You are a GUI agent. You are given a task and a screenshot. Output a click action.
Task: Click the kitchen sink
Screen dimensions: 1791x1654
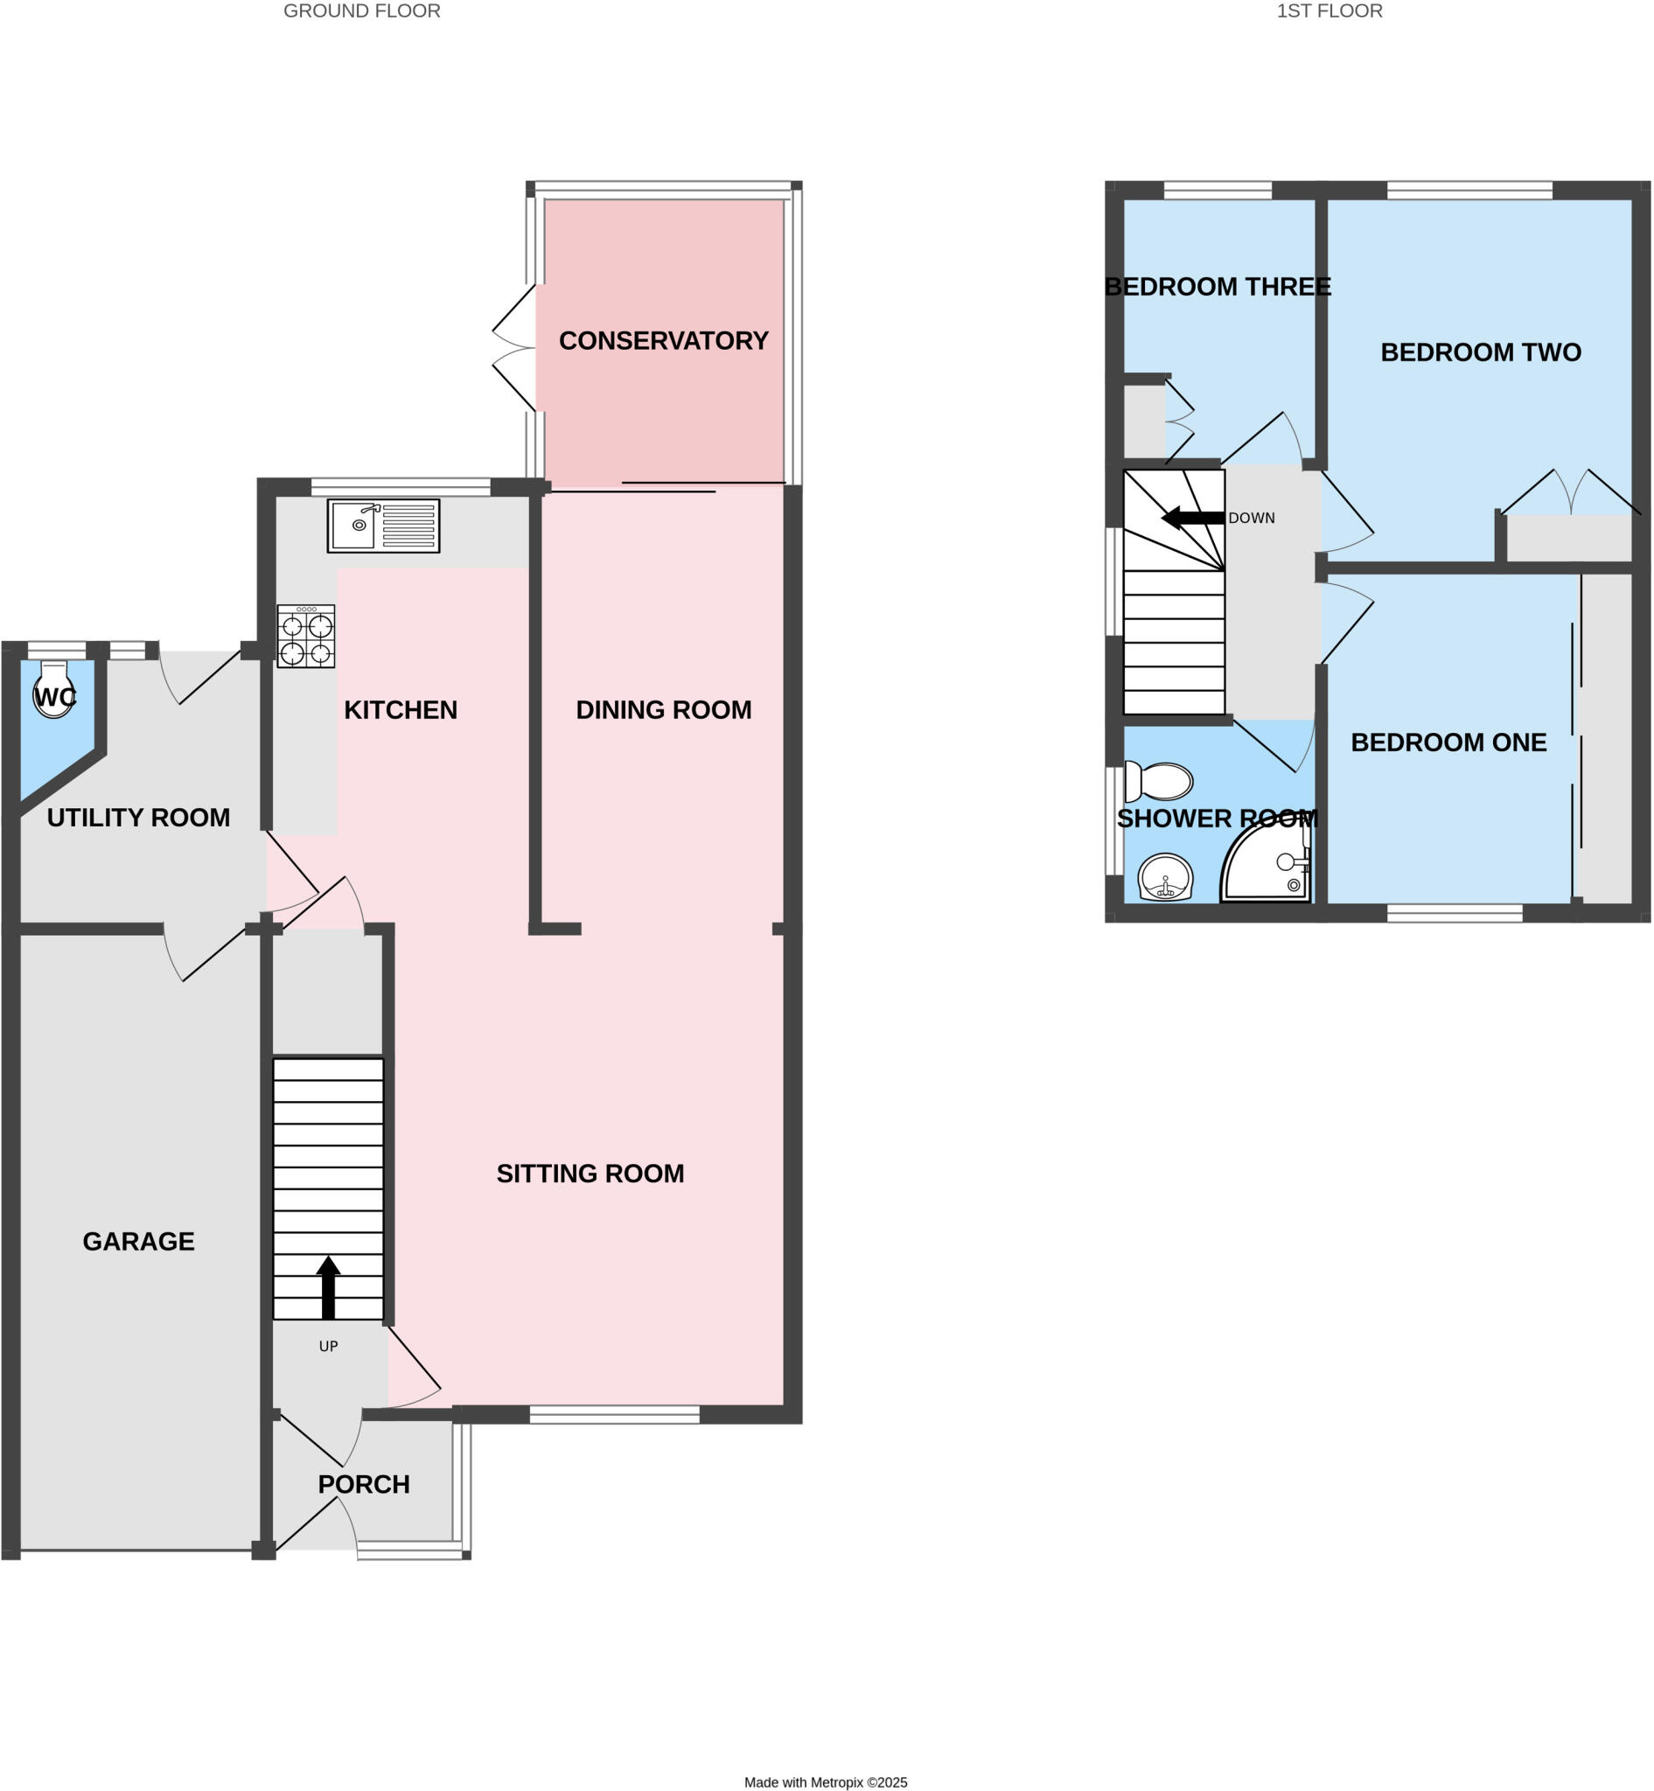[x=383, y=526]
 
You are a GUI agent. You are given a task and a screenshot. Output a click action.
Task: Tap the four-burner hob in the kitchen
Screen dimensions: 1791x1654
[x=306, y=637]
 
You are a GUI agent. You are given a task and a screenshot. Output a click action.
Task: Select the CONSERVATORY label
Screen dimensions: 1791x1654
[x=663, y=341]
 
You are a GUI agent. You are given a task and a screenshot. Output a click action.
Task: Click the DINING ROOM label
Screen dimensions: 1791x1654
[x=663, y=710]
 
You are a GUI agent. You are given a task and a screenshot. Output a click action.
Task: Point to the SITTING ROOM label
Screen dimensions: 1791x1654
[x=590, y=1174]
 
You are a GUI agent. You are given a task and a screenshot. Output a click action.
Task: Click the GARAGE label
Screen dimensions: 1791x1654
[x=139, y=1242]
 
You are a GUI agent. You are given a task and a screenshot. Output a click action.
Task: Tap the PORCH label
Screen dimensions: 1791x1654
[x=363, y=1484]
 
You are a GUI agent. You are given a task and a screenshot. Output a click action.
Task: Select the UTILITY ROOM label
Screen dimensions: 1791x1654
[x=139, y=817]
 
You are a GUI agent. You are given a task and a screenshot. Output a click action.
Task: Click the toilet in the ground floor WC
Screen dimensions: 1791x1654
[x=53, y=690]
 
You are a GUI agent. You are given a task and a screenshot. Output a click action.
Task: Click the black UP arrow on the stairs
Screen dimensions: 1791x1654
[x=329, y=1287]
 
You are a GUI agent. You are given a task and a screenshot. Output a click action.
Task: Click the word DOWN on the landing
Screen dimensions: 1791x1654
[x=1252, y=519]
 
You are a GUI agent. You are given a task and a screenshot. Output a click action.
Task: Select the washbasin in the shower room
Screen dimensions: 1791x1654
[x=1165, y=877]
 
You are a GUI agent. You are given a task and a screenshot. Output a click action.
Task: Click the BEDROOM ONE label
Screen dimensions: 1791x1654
[x=1448, y=742]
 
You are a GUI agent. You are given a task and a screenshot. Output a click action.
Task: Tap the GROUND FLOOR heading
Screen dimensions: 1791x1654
[x=361, y=10]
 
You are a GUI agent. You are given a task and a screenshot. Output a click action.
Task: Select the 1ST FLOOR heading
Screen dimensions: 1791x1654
[x=1329, y=10]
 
